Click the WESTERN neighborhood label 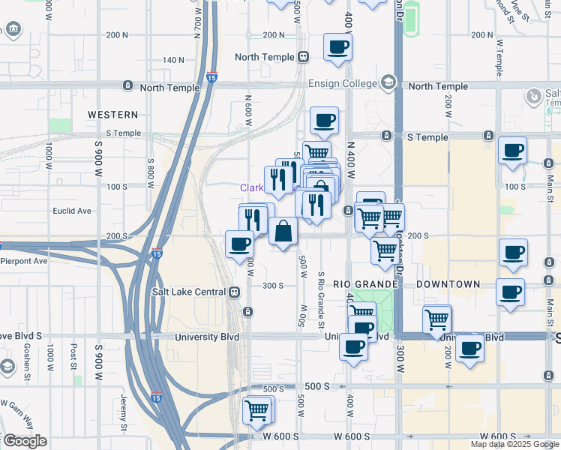112,115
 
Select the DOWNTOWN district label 448,285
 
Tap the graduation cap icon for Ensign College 388,81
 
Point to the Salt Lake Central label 190,292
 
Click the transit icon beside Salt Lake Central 235,292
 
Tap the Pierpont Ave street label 23,261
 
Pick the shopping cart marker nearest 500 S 257,409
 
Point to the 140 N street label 173,60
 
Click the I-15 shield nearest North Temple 212,76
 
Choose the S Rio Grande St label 320,300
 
